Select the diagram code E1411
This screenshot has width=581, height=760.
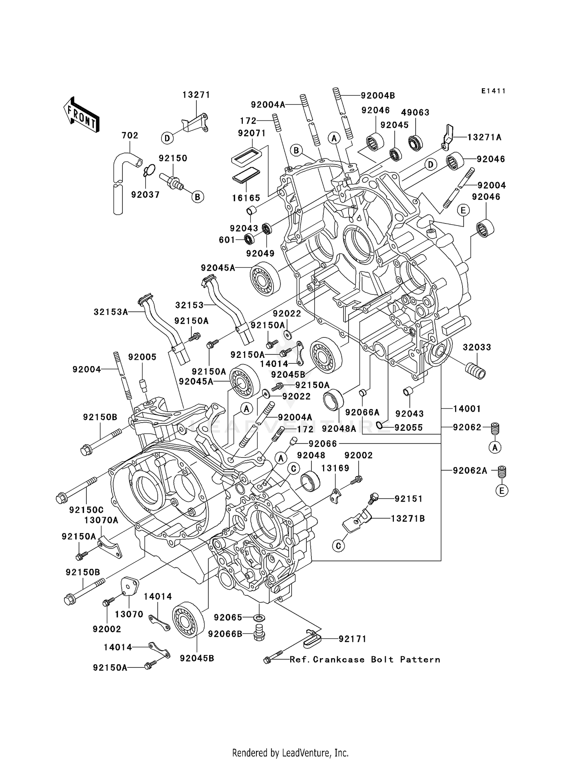pyautogui.click(x=493, y=91)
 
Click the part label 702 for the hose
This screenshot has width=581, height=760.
pyautogui.click(x=130, y=135)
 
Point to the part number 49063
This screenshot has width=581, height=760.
pyautogui.click(x=415, y=112)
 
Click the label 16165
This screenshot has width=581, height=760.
pyautogui.click(x=246, y=198)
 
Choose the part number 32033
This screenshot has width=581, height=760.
pyautogui.click(x=477, y=347)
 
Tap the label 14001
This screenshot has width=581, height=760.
pyautogui.click(x=467, y=409)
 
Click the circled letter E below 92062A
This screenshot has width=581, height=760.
pyautogui.click(x=502, y=491)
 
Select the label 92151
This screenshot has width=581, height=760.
pyautogui.click(x=409, y=499)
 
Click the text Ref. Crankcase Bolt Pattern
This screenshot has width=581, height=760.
pyautogui.click(x=365, y=660)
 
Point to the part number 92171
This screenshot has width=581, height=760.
pyautogui.click(x=352, y=639)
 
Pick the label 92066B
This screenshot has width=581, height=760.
pyautogui.click(x=225, y=634)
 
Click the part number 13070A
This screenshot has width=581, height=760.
pyautogui.click(x=101, y=520)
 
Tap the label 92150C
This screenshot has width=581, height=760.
pyautogui.click(x=86, y=510)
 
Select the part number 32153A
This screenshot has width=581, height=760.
pyautogui.click(x=111, y=312)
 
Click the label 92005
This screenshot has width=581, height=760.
pyautogui.click(x=142, y=357)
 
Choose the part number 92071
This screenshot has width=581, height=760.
pyautogui.click(x=252, y=133)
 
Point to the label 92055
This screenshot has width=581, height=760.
pyautogui.click(x=408, y=428)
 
